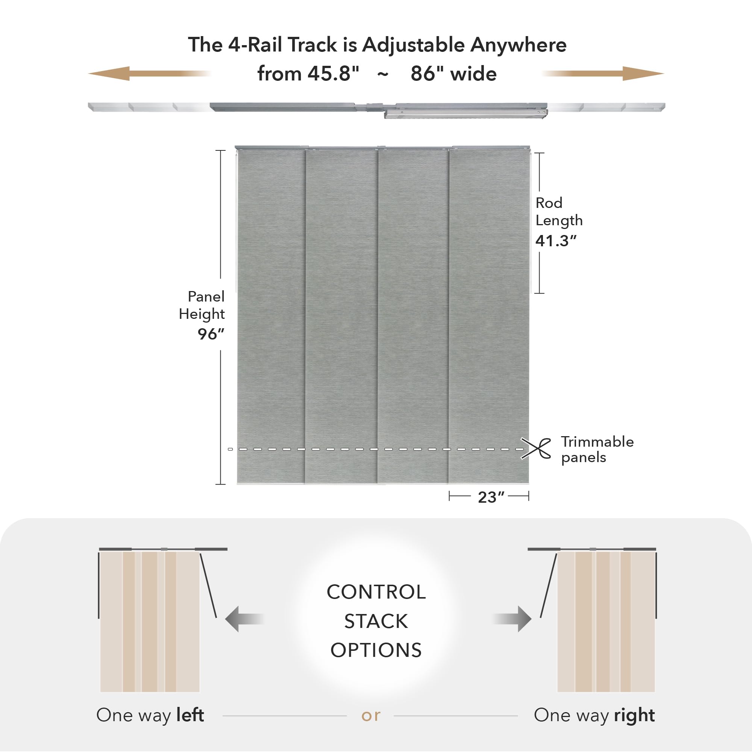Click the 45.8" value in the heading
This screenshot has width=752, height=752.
[x=333, y=74]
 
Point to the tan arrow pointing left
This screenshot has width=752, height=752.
[x=148, y=73]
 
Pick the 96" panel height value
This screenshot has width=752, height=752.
[x=211, y=334]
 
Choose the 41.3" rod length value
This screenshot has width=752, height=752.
[x=555, y=241]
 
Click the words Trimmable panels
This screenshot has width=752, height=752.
[x=597, y=449]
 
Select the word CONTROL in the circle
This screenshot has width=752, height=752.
[x=376, y=592]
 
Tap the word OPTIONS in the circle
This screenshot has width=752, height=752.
[x=376, y=650]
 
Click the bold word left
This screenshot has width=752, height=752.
[x=190, y=715]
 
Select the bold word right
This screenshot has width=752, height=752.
[x=634, y=716]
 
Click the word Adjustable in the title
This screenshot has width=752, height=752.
[x=413, y=45]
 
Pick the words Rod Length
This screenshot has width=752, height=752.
[x=559, y=211]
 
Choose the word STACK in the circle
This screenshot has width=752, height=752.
[x=376, y=621]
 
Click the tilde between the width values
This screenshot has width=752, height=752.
[x=383, y=74]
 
